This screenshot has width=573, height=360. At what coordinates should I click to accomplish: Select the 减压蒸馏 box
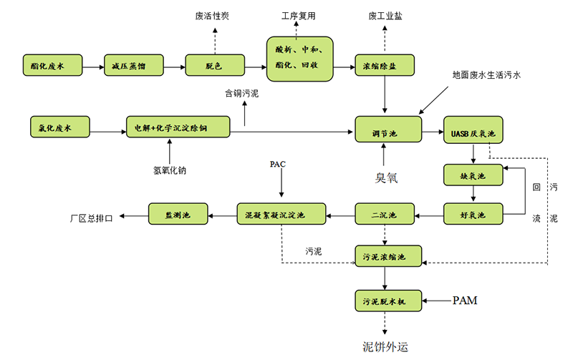pos(129,67)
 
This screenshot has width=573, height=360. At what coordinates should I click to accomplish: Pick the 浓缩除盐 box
pos(386,67)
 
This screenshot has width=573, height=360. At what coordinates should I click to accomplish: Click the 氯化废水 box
pos(60,129)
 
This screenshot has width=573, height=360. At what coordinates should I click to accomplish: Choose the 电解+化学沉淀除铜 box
pos(179,129)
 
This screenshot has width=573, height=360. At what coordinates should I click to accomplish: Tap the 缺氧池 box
pos(473,175)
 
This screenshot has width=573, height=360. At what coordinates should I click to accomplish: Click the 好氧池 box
pos(473,213)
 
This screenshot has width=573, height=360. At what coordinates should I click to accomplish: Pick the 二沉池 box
pos(386,213)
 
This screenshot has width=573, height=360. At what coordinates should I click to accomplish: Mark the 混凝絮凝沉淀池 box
pos(281,213)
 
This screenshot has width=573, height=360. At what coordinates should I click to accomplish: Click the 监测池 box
pos(178,213)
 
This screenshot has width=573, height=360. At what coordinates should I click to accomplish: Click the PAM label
pos(465,301)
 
